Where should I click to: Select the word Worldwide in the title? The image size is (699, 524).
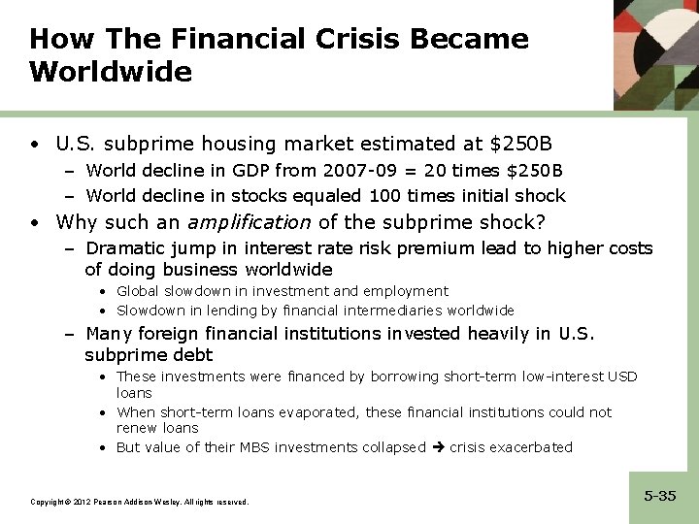(x=111, y=73)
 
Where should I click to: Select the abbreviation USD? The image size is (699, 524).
(x=622, y=377)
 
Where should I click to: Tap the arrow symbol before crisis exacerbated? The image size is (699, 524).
(x=437, y=447)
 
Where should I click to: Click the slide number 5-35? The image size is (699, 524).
(x=660, y=496)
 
